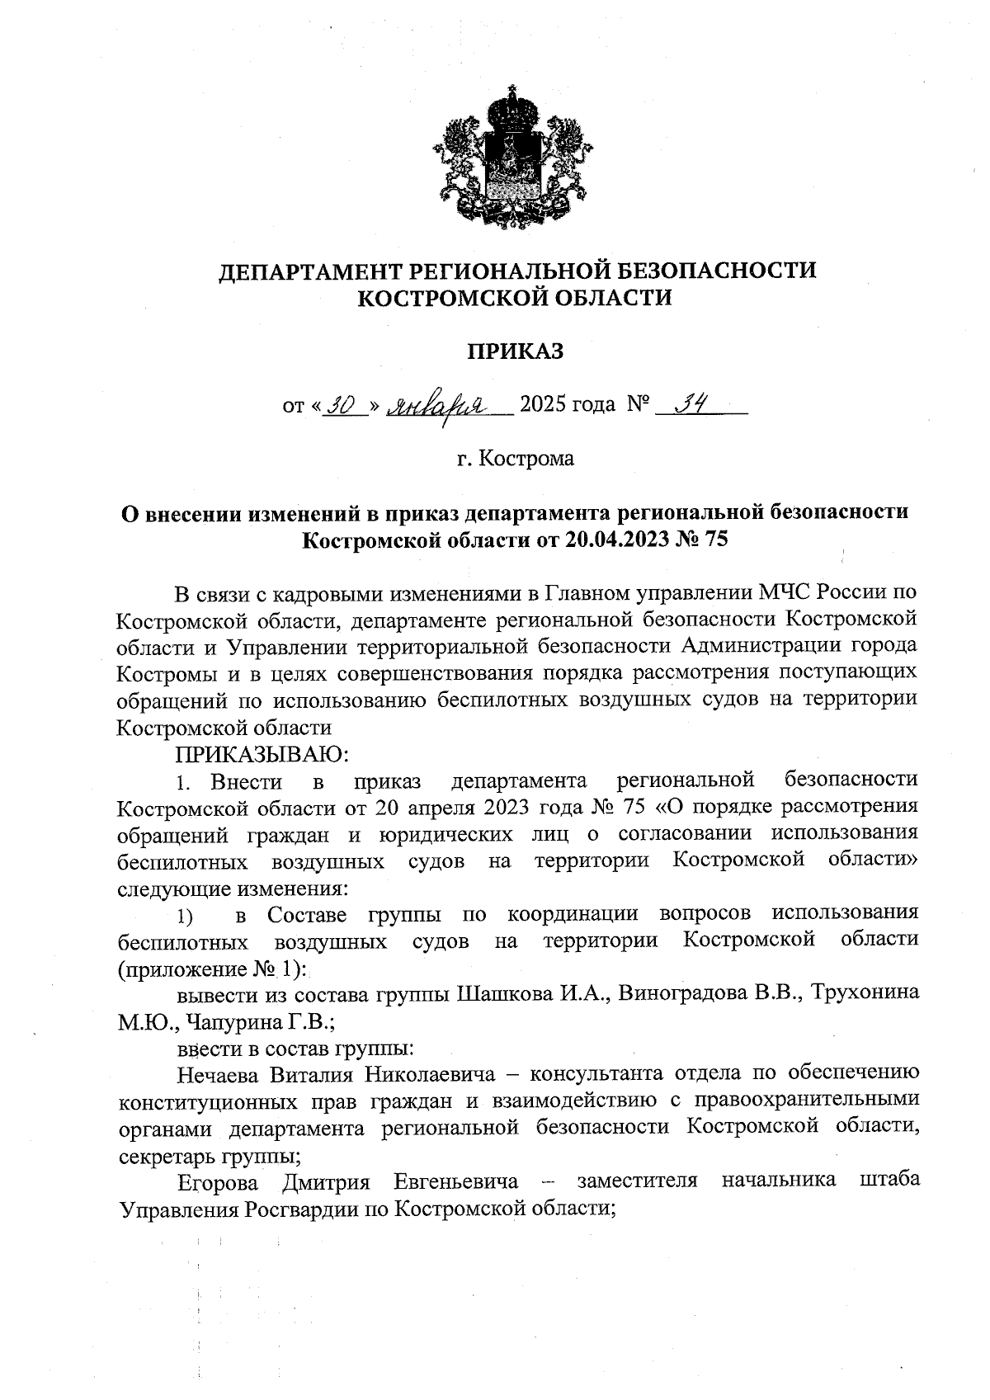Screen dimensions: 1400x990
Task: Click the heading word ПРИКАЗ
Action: pos(516,351)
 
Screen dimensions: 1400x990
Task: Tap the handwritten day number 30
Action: pos(340,405)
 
